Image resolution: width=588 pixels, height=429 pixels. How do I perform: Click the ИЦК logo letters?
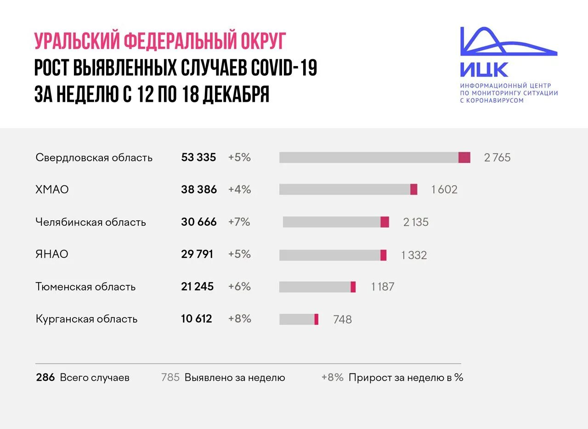(x=484, y=70)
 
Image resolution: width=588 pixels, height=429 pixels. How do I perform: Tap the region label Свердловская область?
(x=94, y=158)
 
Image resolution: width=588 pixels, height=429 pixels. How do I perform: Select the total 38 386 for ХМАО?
(x=199, y=189)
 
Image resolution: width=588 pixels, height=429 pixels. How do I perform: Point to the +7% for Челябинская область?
(x=239, y=222)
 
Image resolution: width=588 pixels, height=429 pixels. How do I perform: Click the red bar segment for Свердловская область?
(x=464, y=157)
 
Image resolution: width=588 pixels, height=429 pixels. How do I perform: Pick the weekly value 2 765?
(x=497, y=158)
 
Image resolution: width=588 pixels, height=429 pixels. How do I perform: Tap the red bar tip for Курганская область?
(x=316, y=319)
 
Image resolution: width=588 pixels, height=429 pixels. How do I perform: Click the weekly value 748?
(x=342, y=319)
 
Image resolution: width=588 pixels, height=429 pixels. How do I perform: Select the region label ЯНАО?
(x=52, y=254)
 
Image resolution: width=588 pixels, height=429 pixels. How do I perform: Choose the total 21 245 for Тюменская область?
(x=198, y=287)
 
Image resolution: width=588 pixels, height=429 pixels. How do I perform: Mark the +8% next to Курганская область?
(x=240, y=319)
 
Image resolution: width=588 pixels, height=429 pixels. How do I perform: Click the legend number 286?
(x=45, y=378)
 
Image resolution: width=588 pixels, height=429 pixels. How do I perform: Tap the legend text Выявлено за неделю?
(x=235, y=378)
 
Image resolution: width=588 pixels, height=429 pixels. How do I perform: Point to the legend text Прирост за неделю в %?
(x=406, y=378)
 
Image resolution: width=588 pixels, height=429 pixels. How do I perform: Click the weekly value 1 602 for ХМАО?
(x=444, y=189)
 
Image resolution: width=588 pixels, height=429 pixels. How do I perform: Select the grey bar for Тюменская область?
(x=315, y=287)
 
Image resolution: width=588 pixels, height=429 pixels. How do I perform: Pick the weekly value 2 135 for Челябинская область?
(x=416, y=222)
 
